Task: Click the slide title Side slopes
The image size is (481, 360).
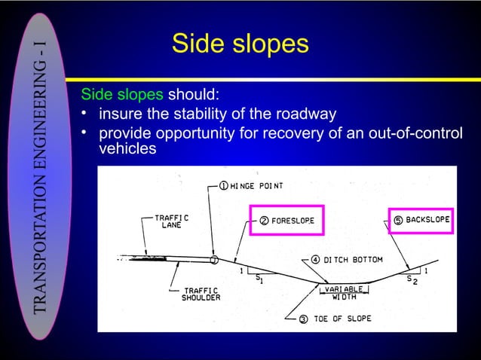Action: click(x=240, y=43)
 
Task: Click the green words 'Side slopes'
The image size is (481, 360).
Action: click(x=122, y=96)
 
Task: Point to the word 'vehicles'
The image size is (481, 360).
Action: click(x=127, y=148)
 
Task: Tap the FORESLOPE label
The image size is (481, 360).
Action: click(x=293, y=221)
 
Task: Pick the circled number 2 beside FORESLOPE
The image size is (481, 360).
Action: click(x=265, y=221)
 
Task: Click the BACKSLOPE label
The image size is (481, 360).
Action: click(x=427, y=220)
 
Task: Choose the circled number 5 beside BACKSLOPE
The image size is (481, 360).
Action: click(x=397, y=220)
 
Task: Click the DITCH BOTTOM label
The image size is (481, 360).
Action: click(x=354, y=260)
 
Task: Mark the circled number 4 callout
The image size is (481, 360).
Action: click(x=315, y=260)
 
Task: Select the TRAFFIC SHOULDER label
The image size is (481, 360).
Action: click(x=201, y=294)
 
